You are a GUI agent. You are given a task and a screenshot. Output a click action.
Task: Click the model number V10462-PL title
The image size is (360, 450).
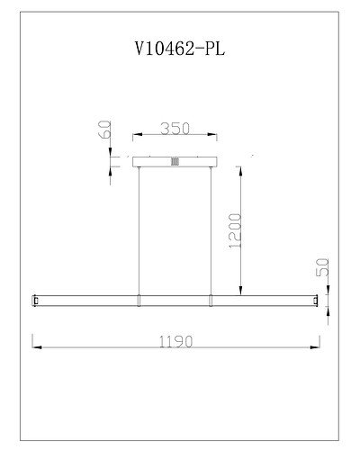180,49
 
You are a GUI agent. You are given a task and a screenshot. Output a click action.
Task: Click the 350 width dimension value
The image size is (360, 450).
175,129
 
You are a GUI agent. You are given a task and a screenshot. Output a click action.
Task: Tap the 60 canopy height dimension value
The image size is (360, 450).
104,130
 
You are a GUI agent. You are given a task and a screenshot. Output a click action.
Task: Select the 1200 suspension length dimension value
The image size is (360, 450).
235,230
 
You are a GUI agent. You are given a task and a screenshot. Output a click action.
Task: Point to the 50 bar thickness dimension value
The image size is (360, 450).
323,267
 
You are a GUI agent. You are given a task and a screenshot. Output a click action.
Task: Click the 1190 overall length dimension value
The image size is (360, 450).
175,341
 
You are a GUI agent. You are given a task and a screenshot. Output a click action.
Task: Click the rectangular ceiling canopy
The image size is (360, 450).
175,162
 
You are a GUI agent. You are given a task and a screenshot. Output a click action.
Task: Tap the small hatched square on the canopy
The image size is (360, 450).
175,162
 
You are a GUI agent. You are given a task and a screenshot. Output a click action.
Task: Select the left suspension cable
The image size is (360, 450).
139,231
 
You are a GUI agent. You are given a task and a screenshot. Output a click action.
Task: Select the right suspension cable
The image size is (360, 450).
211,231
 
